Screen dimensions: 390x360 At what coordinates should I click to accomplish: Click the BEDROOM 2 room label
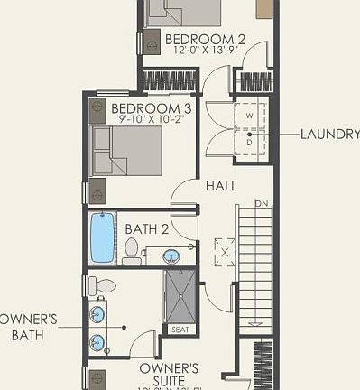205,39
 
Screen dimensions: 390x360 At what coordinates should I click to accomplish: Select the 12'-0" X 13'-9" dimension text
205,51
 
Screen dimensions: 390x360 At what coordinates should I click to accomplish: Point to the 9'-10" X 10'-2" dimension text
151,119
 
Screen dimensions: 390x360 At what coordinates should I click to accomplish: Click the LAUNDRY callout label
330,134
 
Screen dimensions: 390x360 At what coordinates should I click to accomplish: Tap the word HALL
221,186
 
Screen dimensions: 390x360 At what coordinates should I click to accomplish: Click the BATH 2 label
147,228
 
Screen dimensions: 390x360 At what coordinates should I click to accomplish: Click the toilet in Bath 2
132,249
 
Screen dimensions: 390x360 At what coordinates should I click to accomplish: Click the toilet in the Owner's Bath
103,286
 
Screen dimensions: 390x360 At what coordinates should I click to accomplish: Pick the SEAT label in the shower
180,330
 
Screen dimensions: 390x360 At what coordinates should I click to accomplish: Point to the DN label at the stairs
263,203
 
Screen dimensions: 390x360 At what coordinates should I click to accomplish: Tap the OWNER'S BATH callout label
28,327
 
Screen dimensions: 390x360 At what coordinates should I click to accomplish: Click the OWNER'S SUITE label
169,375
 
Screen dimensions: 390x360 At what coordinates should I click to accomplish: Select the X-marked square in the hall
224,250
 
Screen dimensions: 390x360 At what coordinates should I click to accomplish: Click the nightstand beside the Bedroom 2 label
151,42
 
